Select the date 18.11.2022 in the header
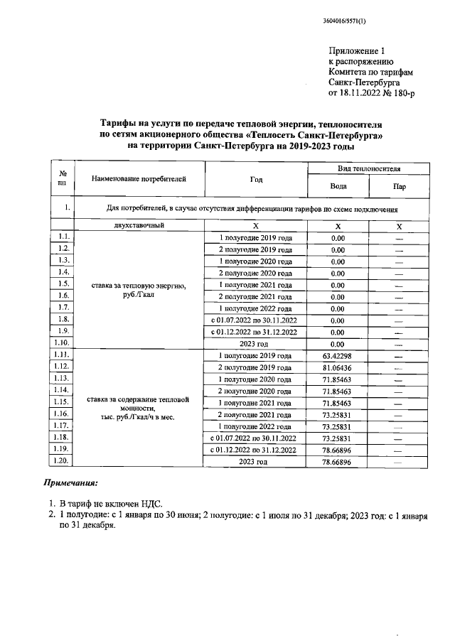[x=367, y=92]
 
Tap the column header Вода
[x=338, y=186]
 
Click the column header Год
[x=256, y=180]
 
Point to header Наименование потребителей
[x=139, y=180]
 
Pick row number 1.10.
[x=63, y=343]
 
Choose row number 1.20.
[x=63, y=462]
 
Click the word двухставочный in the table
[x=139, y=225]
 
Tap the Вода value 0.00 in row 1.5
[x=338, y=284]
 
